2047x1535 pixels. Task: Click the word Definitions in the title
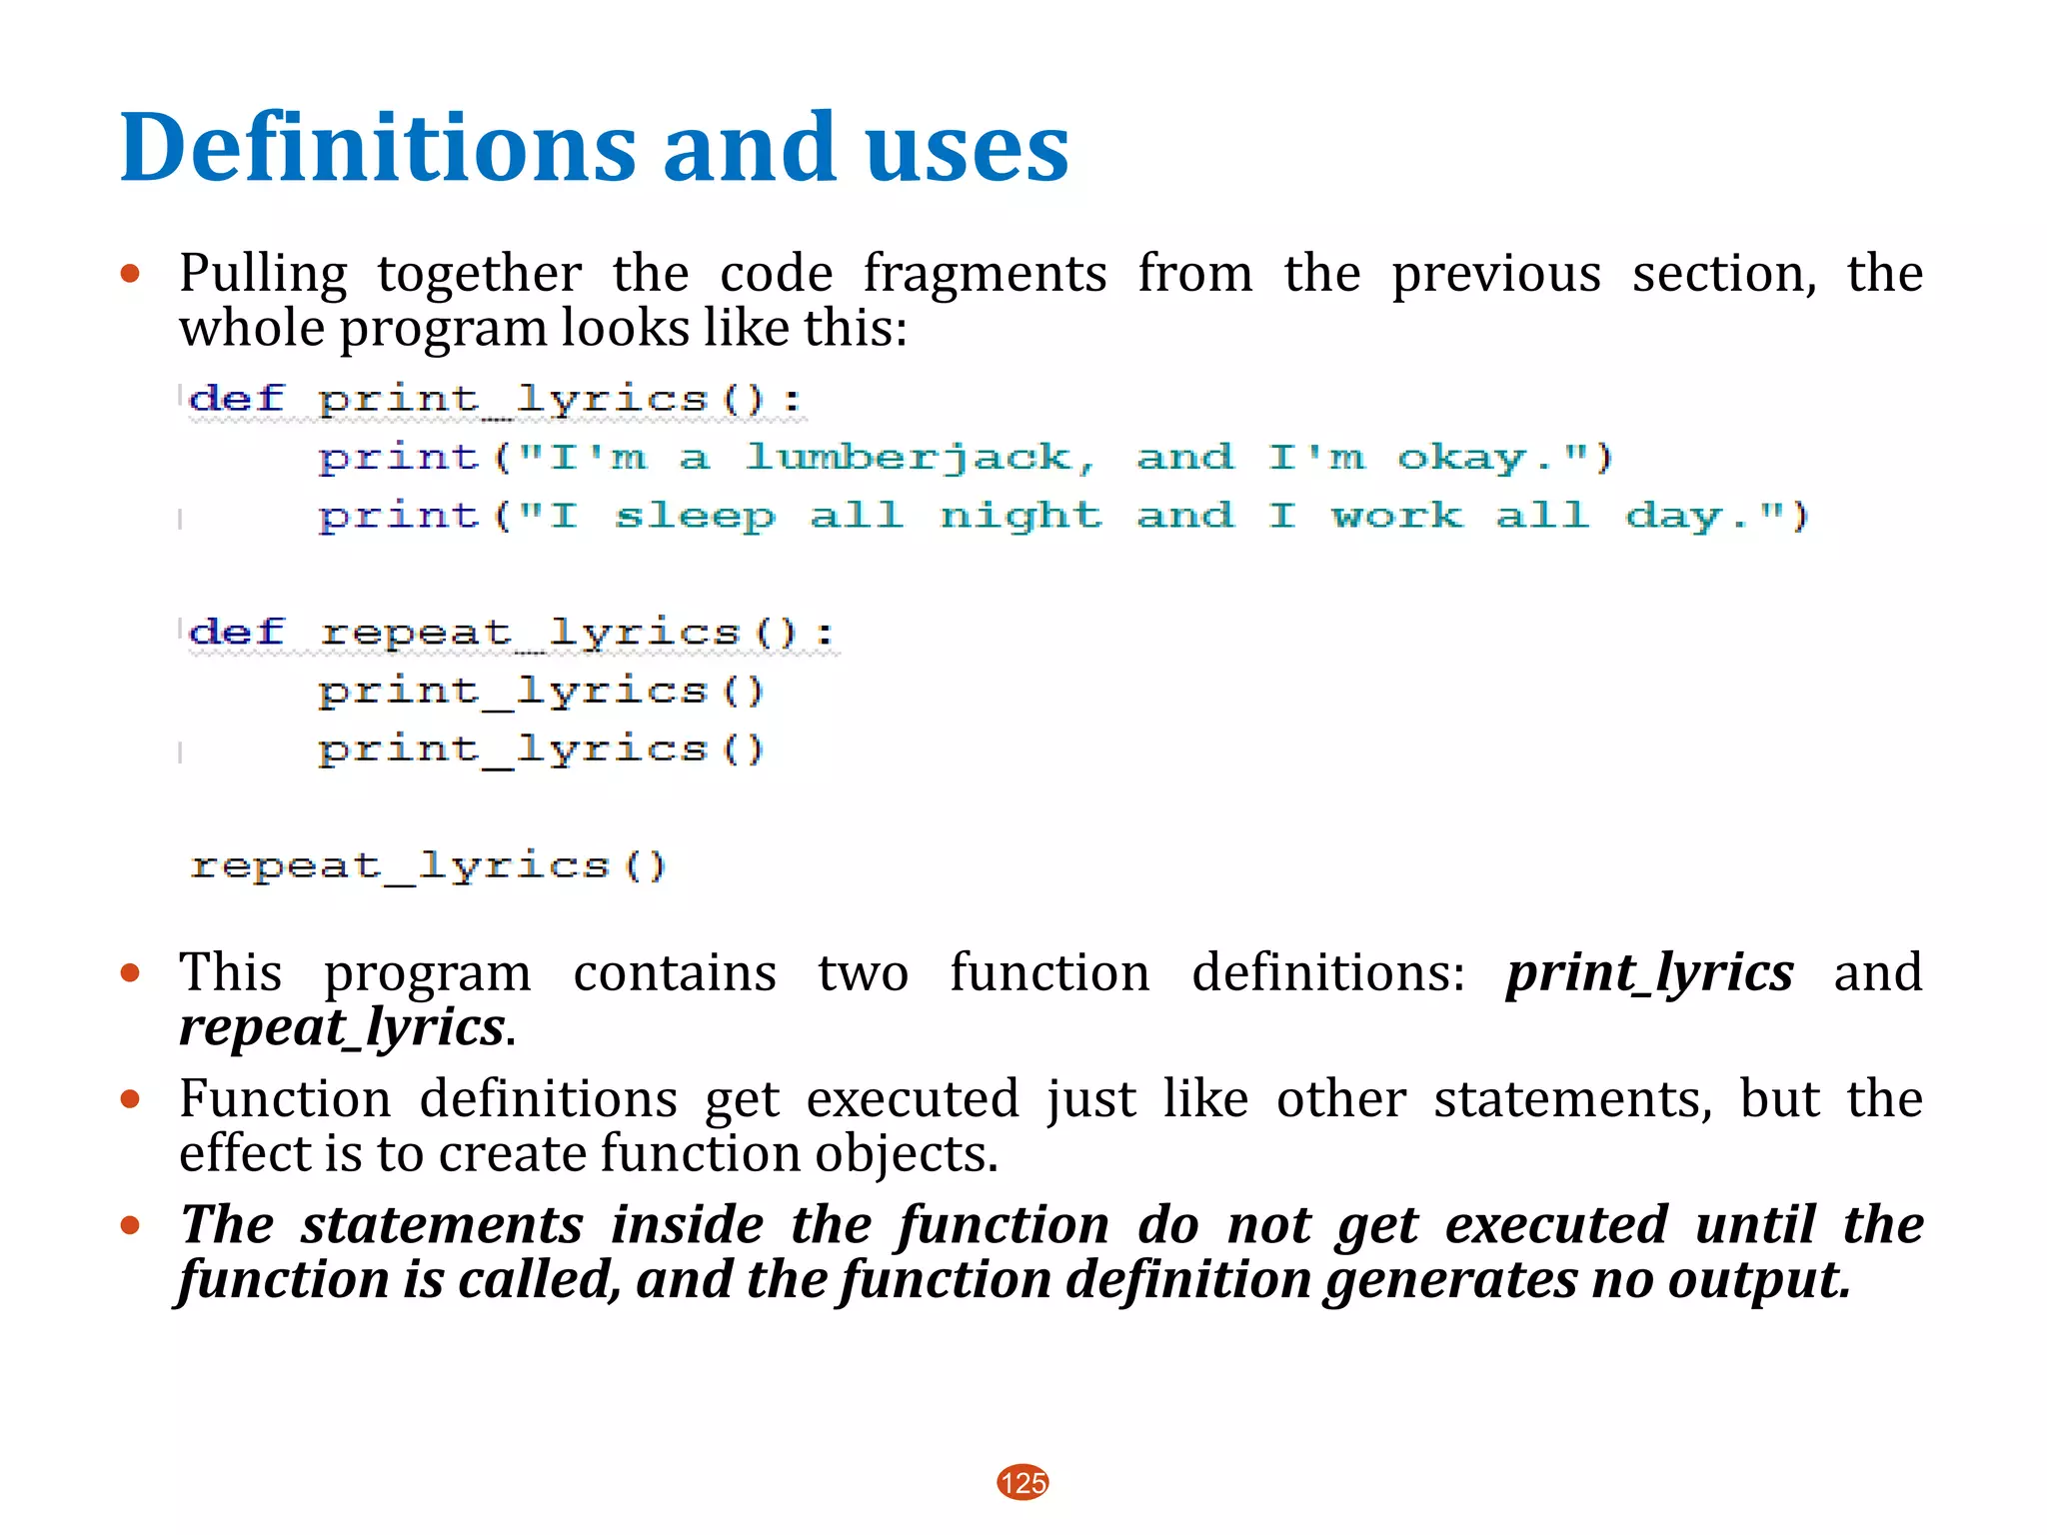pos(377,148)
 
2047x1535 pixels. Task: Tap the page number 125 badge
pos(1023,1482)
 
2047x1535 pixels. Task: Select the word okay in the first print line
pos(1460,458)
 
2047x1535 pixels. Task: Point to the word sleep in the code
pos(694,517)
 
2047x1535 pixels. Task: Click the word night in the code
pos(1020,517)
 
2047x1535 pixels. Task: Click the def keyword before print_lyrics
pos(237,400)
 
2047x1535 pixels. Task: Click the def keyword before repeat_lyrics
pos(237,633)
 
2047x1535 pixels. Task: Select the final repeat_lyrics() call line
pos(428,865)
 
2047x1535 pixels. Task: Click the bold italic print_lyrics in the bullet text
pos(1649,972)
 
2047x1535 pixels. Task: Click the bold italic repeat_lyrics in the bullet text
pos(342,1027)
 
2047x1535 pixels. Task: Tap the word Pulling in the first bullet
pos(263,274)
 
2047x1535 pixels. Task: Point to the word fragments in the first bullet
pos(985,274)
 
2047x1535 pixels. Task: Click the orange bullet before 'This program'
pos(130,972)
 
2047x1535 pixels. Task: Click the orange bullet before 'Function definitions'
pos(130,1099)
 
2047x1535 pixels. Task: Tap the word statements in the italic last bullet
pos(442,1225)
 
